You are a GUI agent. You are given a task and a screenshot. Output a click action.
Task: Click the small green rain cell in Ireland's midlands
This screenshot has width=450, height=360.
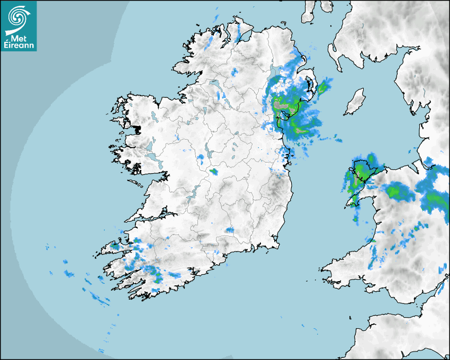pyautogui.click(x=213, y=171)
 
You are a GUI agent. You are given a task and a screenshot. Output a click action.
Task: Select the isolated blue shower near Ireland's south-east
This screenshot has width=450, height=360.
pyautogui.click(x=229, y=230)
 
